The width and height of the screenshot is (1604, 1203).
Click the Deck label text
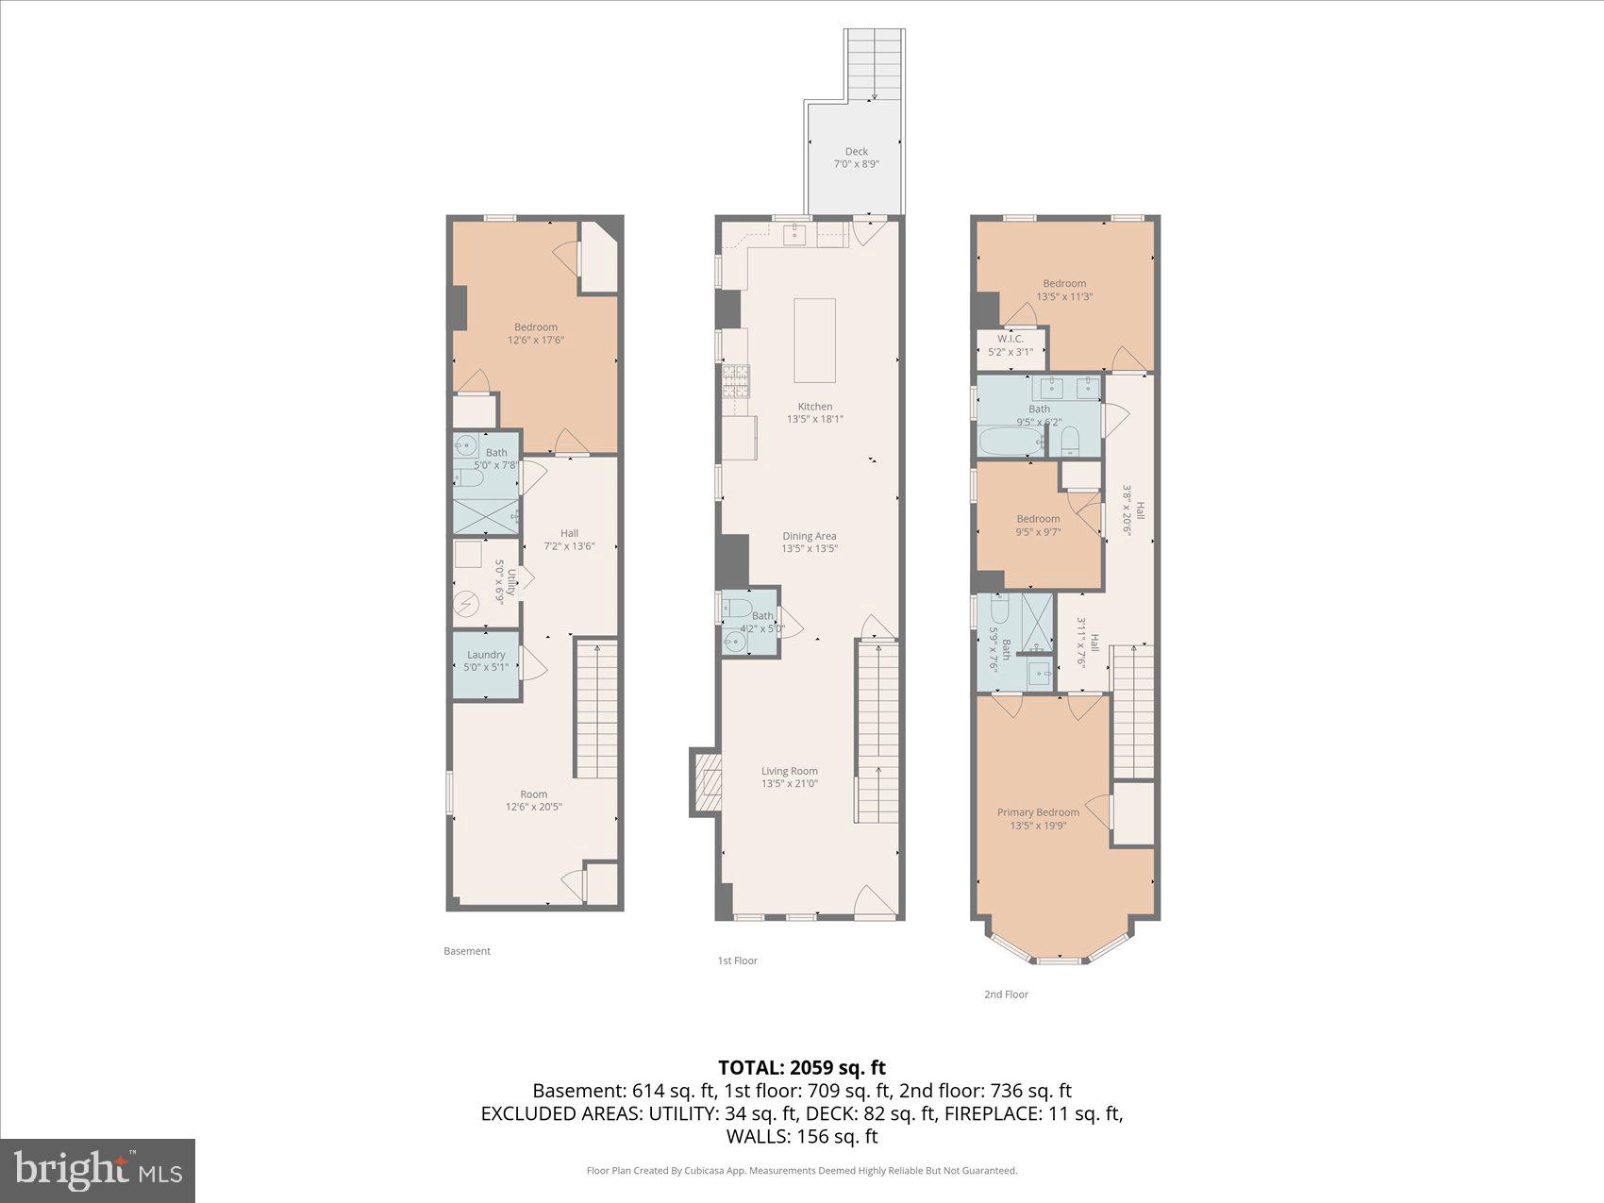tap(856, 151)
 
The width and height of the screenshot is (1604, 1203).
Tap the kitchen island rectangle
tap(814, 340)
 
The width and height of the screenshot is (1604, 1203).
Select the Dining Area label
tap(809, 536)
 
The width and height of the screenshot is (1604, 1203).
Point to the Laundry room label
tap(486, 655)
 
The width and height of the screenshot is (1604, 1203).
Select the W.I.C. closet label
tap(1010, 339)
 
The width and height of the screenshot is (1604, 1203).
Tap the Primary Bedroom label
tap(1038, 812)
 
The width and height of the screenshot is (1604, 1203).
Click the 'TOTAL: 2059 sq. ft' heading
tap(802, 1067)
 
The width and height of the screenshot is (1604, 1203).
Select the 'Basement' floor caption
tap(467, 951)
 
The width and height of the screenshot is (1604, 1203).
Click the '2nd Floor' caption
tap(1006, 994)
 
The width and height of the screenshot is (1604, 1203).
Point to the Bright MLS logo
tap(98, 1171)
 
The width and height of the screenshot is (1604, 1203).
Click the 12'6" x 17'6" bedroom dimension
tap(536, 340)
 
